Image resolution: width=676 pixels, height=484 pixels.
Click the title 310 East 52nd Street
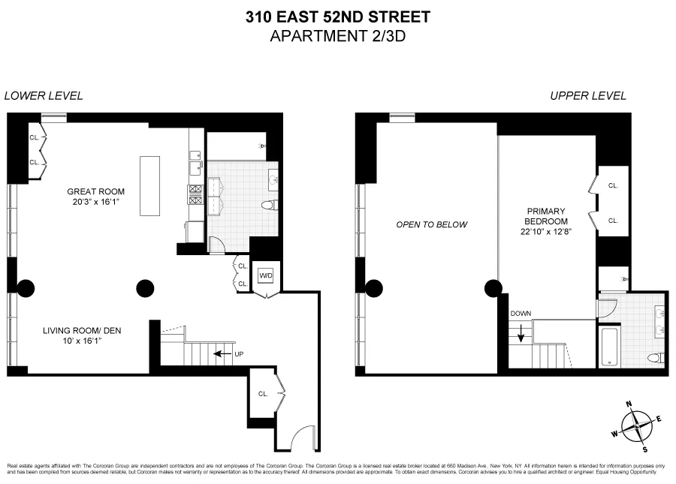338,16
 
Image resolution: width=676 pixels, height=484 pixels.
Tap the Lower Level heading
44,96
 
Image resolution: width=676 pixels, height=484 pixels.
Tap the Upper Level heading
588,96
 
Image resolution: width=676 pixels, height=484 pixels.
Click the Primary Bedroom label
546,216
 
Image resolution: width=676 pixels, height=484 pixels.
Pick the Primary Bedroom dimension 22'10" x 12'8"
546,232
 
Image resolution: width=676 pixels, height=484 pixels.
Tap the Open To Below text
432,224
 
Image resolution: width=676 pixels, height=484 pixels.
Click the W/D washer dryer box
266,275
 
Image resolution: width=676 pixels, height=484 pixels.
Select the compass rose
637,425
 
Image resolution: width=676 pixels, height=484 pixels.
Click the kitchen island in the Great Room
149,185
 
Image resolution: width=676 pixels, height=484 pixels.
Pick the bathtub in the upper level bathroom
608,347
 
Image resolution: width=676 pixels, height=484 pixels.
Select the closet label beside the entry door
264,392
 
